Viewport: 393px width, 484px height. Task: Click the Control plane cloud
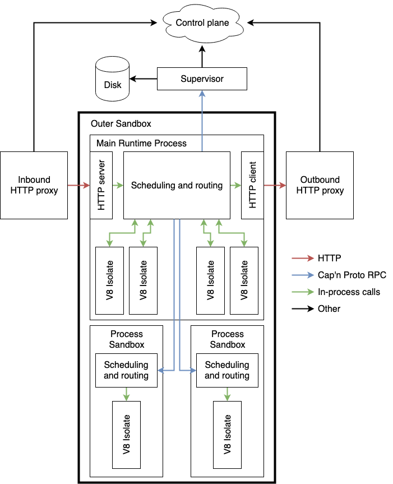[x=202, y=23]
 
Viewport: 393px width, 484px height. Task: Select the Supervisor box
[x=202, y=79]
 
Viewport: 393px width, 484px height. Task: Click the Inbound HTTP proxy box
[x=34, y=185]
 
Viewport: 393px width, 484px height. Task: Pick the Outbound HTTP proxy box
[x=320, y=185]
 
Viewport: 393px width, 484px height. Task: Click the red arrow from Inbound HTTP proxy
[x=78, y=185]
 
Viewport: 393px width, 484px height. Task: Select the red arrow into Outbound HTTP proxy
[x=275, y=185]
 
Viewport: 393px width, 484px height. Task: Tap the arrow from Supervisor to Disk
[x=143, y=79]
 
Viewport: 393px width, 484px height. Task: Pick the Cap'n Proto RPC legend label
[x=352, y=275]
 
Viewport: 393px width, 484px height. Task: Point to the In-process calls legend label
[x=349, y=292]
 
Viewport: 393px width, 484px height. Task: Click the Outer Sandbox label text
[x=121, y=123]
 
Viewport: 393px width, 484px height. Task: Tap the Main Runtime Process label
[x=141, y=143]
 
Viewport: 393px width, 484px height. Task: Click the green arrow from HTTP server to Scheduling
[x=118, y=185]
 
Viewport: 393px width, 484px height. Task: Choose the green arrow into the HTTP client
[x=235, y=185]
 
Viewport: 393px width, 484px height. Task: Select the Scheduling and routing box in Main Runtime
[x=177, y=185]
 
